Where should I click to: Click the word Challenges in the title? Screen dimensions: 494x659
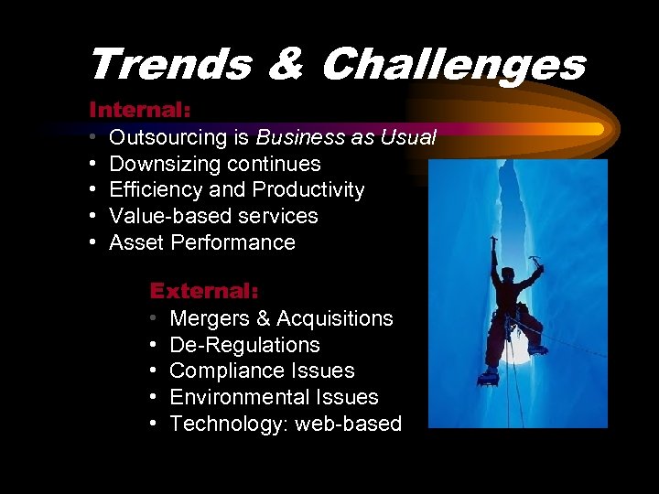tap(453, 65)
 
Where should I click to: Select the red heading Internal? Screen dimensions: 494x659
tap(139, 110)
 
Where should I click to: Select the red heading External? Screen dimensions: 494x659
tap(204, 291)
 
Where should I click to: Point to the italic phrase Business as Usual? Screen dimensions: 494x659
tap(346, 138)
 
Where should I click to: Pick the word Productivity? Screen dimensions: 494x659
tap(308, 190)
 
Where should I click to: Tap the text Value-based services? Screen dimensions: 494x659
tap(213, 217)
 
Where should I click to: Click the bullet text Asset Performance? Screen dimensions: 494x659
tap(202, 243)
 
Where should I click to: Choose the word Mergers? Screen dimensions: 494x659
tap(208, 318)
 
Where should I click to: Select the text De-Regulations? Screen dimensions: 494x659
tap(244, 345)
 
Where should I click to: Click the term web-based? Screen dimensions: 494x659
tap(349, 424)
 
